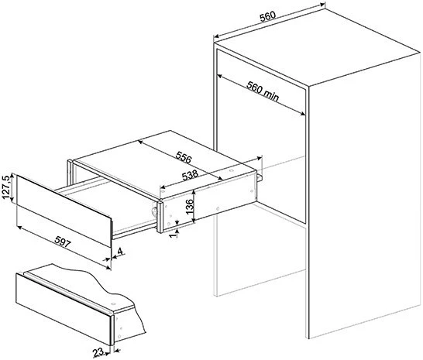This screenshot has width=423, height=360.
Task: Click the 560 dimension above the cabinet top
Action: pyautogui.click(x=267, y=16)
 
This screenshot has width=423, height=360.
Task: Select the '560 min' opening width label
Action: pyautogui.click(x=263, y=91)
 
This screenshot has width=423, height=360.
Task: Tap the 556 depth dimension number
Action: pyautogui.click(x=183, y=157)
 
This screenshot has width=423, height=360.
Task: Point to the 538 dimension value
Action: pyautogui.click(x=190, y=176)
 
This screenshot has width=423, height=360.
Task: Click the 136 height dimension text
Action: pyautogui.click(x=190, y=207)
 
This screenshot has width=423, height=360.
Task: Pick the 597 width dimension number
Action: pyautogui.click(x=63, y=242)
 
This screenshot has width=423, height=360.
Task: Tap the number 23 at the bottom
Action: pyautogui.click(x=98, y=352)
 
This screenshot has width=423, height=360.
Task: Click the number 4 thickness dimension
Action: pyautogui.click(x=120, y=252)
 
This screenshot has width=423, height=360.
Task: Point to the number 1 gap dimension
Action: pyautogui.click(x=174, y=234)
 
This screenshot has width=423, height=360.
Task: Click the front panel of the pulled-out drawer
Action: pyautogui.click(x=64, y=211)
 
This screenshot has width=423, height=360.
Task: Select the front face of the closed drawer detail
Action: pyautogui.click(x=63, y=309)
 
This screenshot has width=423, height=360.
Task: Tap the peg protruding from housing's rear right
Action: pyautogui.click(x=260, y=177)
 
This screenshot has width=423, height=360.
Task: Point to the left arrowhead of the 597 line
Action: pyautogui.click(x=19, y=228)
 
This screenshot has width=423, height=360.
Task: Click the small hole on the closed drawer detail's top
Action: pyautogui.click(x=113, y=303)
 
